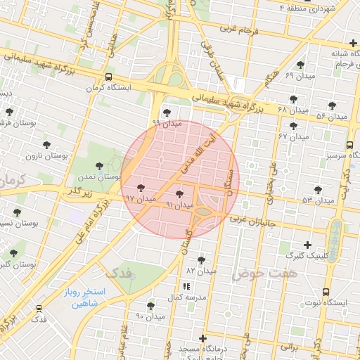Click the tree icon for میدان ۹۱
point(179,193)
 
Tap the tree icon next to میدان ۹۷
point(141,188)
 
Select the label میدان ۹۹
point(167,123)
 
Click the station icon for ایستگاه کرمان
point(108,77)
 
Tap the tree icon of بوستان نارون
point(46,145)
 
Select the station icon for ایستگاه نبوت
point(326,292)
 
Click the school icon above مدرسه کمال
point(186,286)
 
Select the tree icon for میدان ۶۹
point(300,65)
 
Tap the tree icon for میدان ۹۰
point(150,306)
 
